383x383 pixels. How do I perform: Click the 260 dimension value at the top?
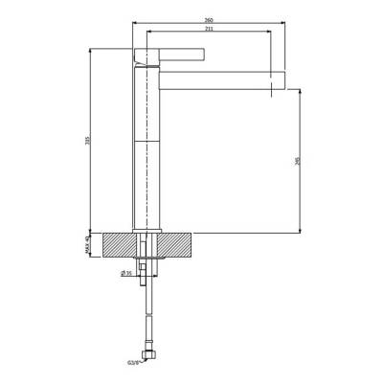pyautogui.click(x=208, y=18)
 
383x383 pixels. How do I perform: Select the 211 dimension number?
pyautogui.click(x=208, y=29)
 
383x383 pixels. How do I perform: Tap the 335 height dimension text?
pyautogui.click(x=86, y=141)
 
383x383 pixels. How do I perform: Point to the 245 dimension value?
pyautogui.click(x=298, y=160)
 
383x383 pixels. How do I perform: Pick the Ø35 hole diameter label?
pyautogui.click(x=125, y=273)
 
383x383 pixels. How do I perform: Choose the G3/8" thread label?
pyautogui.click(x=133, y=362)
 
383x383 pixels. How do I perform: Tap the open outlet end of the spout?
pyautogui.click(x=282, y=78)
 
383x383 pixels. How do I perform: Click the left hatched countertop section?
pyautogui.click(x=116, y=244)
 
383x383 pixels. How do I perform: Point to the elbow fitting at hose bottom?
pyautogui.click(x=146, y=356)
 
